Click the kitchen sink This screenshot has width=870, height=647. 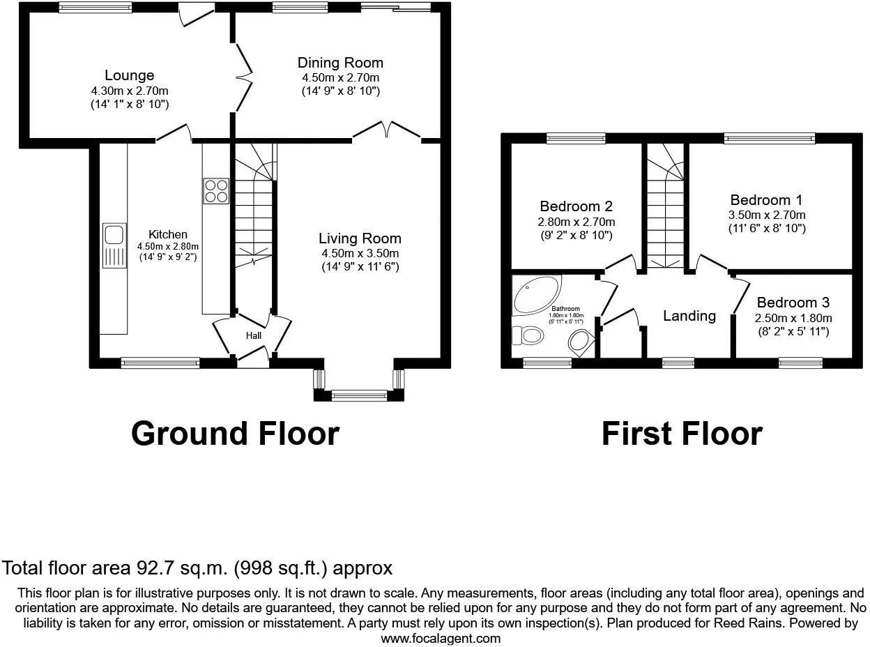tap(113, 245)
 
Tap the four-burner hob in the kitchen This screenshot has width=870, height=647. tap(216, 191)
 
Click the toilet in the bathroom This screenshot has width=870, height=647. tap(529, 336)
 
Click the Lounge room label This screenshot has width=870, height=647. tap(130, 75)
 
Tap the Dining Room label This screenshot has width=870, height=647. tap(340, 63)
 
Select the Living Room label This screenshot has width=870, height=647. tap(360, 238)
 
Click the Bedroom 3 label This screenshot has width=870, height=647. tap(793, 303)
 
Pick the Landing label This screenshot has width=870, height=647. tap(689, 316)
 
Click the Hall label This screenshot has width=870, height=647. tap(253, 336)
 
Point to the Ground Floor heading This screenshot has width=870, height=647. tap(235, 433)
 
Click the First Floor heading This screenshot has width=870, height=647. tap(681, 433)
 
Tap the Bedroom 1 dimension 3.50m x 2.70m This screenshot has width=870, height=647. tap(768, 215)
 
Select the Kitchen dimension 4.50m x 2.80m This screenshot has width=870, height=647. tap(168, 246)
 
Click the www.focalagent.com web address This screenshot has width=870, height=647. tap(441, 638)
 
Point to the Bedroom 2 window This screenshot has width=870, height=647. tap(576, 139)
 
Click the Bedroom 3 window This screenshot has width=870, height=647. tap(800, 362)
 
